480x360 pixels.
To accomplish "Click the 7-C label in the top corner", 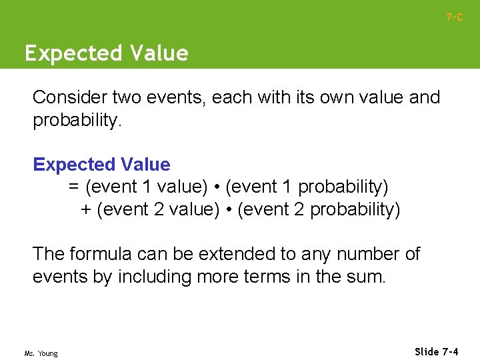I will coord(454,17).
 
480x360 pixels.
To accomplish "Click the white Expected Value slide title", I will coord(107,53).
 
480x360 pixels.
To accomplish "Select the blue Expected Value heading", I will coord(101,164).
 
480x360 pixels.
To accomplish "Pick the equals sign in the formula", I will coord(74,187).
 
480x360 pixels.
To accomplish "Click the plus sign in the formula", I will coord(86,209).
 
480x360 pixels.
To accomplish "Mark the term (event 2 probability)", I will coord(319,209).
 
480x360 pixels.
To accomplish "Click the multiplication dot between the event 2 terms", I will coord(229,210).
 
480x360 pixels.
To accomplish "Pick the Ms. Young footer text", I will coord(41,353).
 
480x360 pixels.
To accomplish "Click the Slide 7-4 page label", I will coord(436,351).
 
